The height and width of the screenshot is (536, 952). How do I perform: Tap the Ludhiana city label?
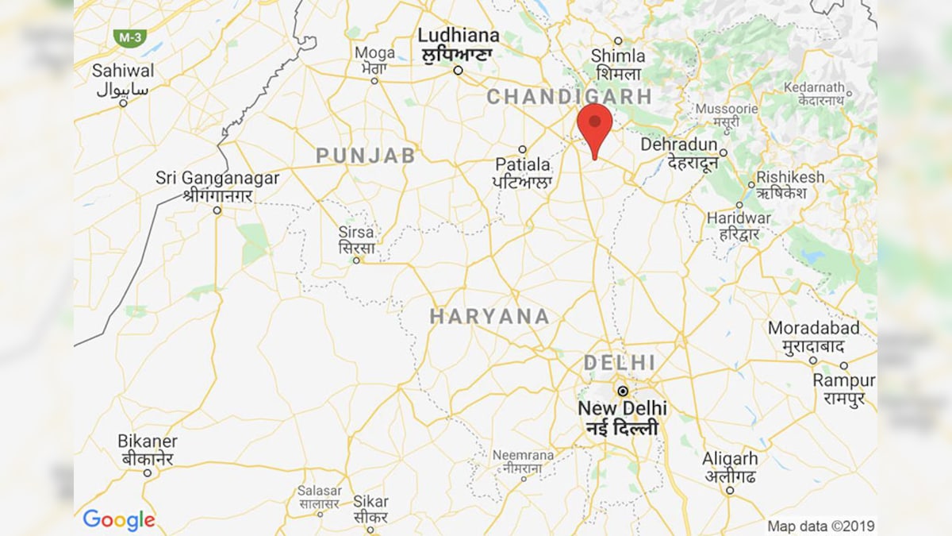459,37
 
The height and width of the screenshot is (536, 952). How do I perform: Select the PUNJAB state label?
365,156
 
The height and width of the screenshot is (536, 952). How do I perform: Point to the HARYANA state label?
489,317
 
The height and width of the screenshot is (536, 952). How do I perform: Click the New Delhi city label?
623,409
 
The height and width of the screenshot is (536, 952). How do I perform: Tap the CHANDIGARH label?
569,97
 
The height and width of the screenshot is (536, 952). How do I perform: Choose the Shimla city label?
617,56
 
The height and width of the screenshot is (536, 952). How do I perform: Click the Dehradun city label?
679,146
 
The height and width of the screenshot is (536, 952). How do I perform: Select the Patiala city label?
523,165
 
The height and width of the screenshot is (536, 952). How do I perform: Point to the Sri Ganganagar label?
217,179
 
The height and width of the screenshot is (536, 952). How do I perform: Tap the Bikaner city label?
148,442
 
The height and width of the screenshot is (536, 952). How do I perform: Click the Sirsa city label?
356,233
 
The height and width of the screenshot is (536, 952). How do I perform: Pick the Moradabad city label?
813,329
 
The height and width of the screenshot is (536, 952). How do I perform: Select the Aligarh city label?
730,460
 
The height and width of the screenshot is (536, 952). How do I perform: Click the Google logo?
119,520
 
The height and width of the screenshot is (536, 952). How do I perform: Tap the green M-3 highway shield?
129,37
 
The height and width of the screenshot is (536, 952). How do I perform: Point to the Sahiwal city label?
123,71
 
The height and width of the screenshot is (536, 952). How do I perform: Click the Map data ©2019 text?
820,526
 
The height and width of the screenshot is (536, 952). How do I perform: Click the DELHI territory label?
620,363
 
